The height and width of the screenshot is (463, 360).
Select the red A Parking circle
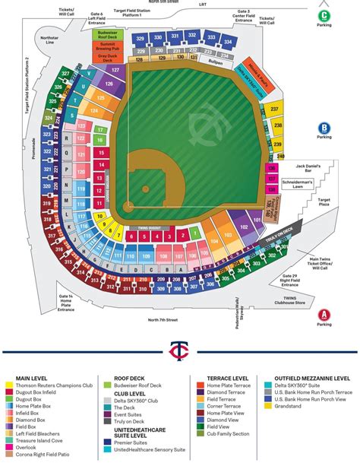point(324,314)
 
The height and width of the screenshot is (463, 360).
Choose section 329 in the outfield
point(141,37)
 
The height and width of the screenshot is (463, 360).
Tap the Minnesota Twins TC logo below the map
point(180,349)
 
